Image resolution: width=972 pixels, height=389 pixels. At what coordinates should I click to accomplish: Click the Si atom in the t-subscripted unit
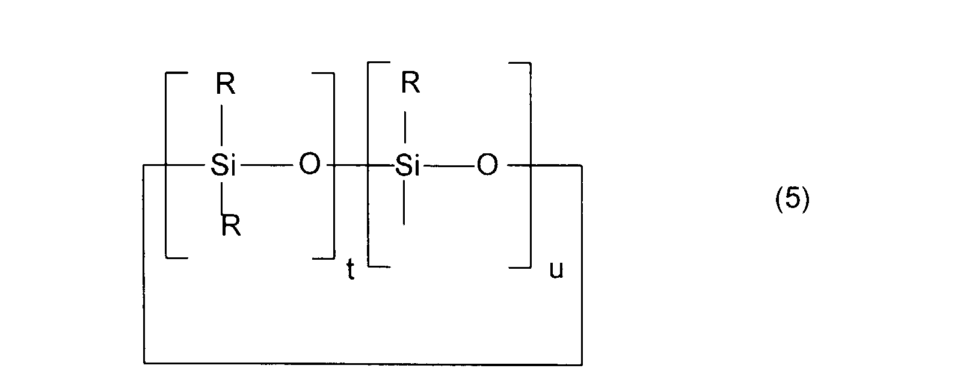click(x=223, y=165)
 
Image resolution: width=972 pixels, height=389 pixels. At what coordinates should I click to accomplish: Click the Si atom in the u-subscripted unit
click(x=407, y=165)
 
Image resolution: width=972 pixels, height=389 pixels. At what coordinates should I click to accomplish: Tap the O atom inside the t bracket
click(x=309, y=164)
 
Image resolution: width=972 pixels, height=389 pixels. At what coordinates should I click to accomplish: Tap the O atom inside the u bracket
click(x=487, y=164)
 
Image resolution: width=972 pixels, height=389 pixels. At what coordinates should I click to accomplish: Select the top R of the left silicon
click(x=226, y=86)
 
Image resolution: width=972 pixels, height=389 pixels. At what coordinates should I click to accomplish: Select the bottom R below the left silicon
click(x=231, y=227)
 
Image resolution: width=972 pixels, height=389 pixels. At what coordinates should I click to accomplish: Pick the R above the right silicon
click(x=410, y=84)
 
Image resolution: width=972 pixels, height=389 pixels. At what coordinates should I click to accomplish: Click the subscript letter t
click(x=350, y=272)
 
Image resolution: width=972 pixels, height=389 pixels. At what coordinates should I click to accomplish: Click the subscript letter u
click(x=556, y=271)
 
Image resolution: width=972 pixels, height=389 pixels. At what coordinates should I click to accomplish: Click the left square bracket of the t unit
click(x=167, y=165)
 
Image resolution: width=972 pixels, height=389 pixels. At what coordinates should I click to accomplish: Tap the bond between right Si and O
click(x=448, y=165)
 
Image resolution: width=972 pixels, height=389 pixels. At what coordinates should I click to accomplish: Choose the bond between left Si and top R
click(x=223, y=125)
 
